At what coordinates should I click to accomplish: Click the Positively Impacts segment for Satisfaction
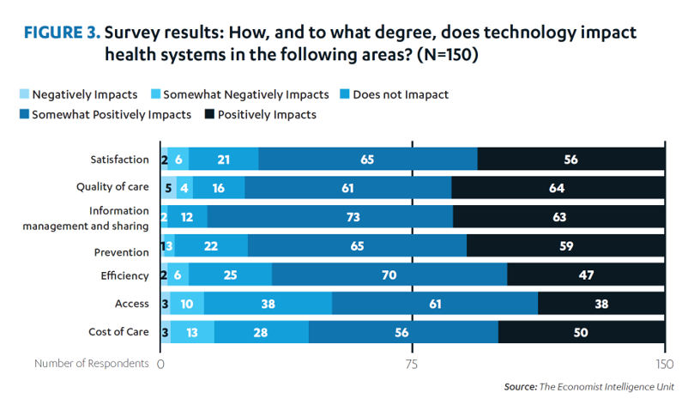(570, 159)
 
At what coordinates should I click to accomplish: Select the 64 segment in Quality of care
(558, 187)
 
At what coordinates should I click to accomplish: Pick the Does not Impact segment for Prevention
(211, 246)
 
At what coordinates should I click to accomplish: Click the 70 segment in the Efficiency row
(389, 275)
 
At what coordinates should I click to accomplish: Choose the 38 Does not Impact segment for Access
(268, 304)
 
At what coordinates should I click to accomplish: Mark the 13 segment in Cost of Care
(192, 332)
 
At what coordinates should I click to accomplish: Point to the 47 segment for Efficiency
(586, 275)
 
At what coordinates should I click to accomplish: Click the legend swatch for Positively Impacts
(208, 114)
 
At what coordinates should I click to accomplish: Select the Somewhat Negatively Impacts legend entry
(238, 94)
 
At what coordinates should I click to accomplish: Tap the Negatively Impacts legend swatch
(23, 94)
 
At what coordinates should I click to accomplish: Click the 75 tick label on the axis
(412, 364)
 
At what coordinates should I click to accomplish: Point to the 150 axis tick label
(664, 364)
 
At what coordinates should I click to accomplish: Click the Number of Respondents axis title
(92, 364)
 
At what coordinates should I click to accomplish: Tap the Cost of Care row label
(118, 332)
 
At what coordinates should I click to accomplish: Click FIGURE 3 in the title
(61, 34)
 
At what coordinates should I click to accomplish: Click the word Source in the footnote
(519, 387)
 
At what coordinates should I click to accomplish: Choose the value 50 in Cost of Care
(581, 332)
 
